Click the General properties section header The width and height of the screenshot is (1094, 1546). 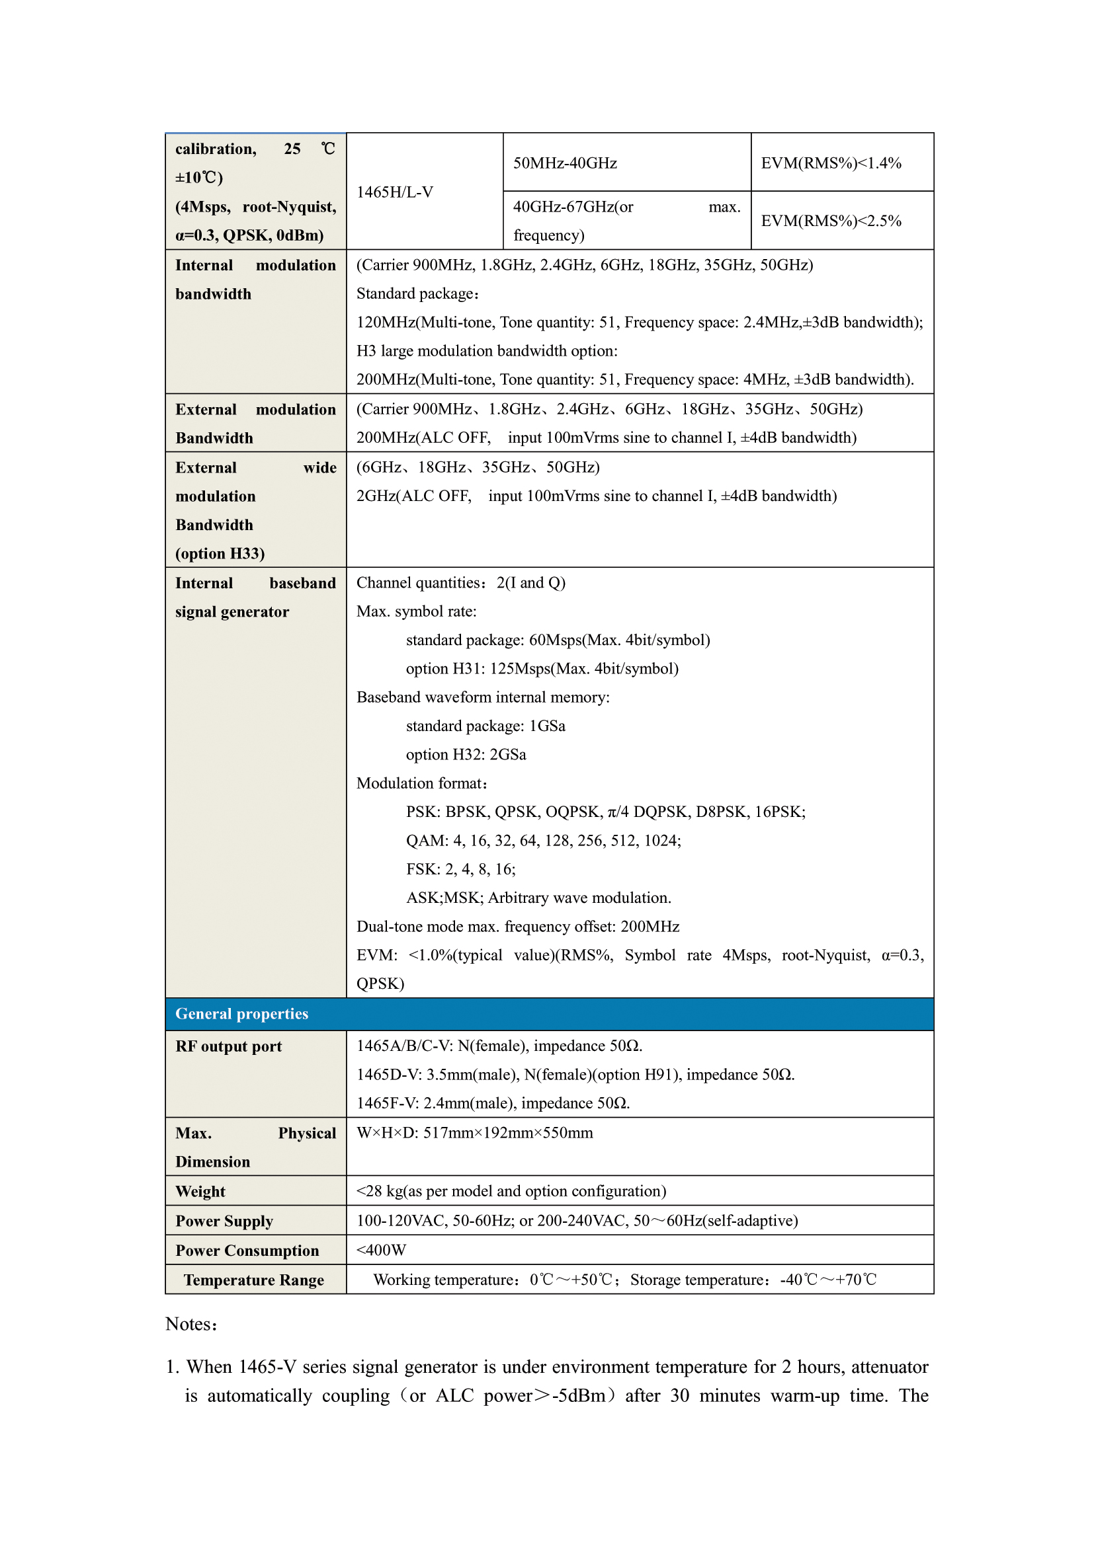[242, 1013]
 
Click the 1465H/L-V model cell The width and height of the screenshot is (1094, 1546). [395, 192]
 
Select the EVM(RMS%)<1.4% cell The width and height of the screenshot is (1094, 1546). [831, 163]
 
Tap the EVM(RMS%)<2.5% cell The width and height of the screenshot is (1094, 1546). [831, 221]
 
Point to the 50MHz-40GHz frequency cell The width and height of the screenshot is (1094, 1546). [565, 163]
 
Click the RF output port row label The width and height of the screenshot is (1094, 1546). [228, 1046]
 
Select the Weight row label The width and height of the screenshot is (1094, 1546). [201, 1191]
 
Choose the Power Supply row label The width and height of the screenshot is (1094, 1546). [224, 1221]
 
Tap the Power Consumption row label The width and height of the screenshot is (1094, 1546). [247, 1251]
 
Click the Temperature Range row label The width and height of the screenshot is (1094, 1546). [254, 1280]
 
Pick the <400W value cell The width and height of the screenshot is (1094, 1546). [381, 1250]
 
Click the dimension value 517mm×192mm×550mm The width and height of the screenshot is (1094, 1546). [475, 1133]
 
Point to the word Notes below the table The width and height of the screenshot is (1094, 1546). [191, 1324]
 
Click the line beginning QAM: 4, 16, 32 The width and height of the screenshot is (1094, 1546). [543, 840]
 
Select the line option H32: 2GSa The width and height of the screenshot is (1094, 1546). [466, 754]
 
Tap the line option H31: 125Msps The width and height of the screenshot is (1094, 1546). [542, 669]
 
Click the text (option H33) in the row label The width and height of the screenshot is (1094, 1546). [220, 553]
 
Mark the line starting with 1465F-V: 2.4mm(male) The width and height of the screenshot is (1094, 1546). [493, 1103]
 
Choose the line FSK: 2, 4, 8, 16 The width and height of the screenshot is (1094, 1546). [461, 869]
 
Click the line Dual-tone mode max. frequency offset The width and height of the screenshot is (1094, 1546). [517, 927]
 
